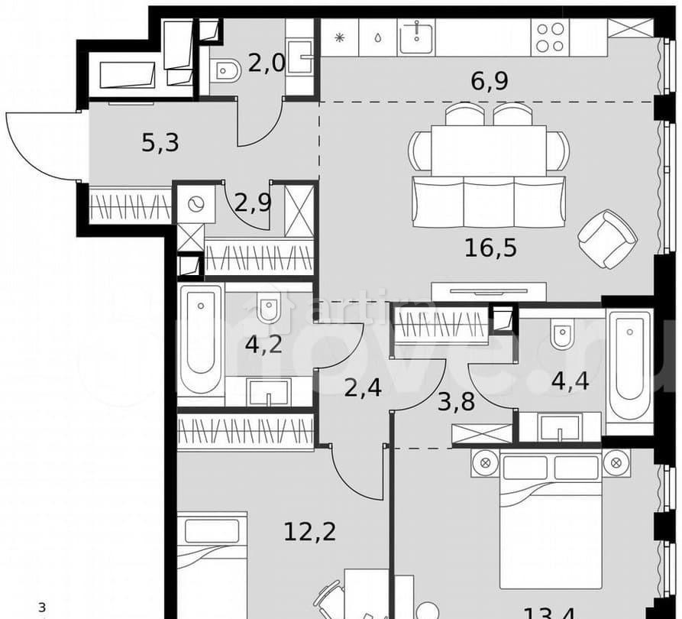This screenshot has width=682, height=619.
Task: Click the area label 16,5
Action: click(x=490, y=248)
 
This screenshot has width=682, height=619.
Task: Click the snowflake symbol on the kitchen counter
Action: click(x=338, y=37)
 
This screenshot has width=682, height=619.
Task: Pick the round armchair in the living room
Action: click(x=607, y=239)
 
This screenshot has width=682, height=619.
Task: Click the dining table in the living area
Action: click(x=489, y=151)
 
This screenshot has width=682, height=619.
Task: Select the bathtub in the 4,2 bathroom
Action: click(x=201, y=339)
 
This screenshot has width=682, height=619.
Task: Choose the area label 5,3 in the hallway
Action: click(x=160, y=142)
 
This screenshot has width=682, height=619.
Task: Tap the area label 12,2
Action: click(x=310, y=530)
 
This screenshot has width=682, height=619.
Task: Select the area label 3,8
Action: click(x=456, y=401)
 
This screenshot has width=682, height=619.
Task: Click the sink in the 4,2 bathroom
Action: click(x=268, y=391)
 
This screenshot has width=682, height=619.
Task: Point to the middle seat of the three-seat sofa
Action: click(x=489, y=203)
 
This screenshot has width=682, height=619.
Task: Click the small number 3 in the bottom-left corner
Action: click(x=43, y=608)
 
